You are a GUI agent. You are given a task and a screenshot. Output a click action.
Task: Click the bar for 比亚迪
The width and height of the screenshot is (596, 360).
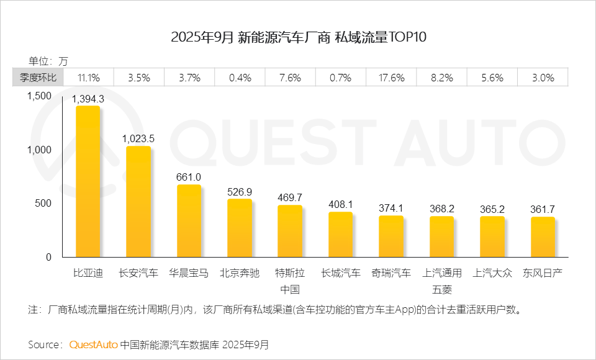click(x=88, y=181)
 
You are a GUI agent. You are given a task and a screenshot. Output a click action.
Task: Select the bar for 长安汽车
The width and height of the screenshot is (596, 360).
click(x=138, y=202)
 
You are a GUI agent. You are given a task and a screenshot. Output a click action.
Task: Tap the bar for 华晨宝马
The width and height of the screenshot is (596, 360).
click(x=189, y=221)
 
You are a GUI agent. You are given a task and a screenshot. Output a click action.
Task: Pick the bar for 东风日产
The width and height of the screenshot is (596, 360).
click(x=543, y=237)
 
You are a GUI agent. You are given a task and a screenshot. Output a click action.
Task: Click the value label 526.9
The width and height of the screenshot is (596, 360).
click(x=240, y=192)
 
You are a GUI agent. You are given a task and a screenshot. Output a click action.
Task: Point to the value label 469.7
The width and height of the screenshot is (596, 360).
click(x=290, y=197)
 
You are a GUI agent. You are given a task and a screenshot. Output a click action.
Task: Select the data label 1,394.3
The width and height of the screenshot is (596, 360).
click(x=88, y=98)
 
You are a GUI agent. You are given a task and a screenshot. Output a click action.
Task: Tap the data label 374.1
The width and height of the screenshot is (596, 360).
click(x=391, y=208)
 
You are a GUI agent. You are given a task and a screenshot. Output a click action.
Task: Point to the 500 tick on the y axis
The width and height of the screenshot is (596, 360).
click(x=43, y=204)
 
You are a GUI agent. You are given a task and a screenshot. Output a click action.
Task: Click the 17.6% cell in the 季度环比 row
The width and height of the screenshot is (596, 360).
click(x=391, y=78)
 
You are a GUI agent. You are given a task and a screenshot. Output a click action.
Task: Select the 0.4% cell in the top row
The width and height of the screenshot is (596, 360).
click(x=240, y=78)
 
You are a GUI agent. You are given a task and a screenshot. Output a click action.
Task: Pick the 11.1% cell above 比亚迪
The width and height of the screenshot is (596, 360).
click(x=88, y=78)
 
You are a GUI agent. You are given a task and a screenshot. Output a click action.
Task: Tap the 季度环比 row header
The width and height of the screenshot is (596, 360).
click(x=37, y=78)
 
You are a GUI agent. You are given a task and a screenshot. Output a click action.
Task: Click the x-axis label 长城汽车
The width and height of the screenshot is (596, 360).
click(x=341, y=273)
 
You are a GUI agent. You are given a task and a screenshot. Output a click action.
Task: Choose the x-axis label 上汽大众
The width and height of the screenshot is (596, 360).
click(x=492, y=273)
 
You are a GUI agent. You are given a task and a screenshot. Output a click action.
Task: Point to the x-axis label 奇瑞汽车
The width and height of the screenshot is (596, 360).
click(x=391, y=273)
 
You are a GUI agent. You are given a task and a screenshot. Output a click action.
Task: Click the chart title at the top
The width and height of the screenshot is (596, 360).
click(x=299, y=37)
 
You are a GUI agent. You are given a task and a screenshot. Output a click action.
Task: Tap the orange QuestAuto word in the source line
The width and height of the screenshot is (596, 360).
click(x=93, y=344)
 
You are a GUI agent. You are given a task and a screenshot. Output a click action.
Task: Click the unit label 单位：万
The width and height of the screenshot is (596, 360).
click(x=48, y=61)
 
